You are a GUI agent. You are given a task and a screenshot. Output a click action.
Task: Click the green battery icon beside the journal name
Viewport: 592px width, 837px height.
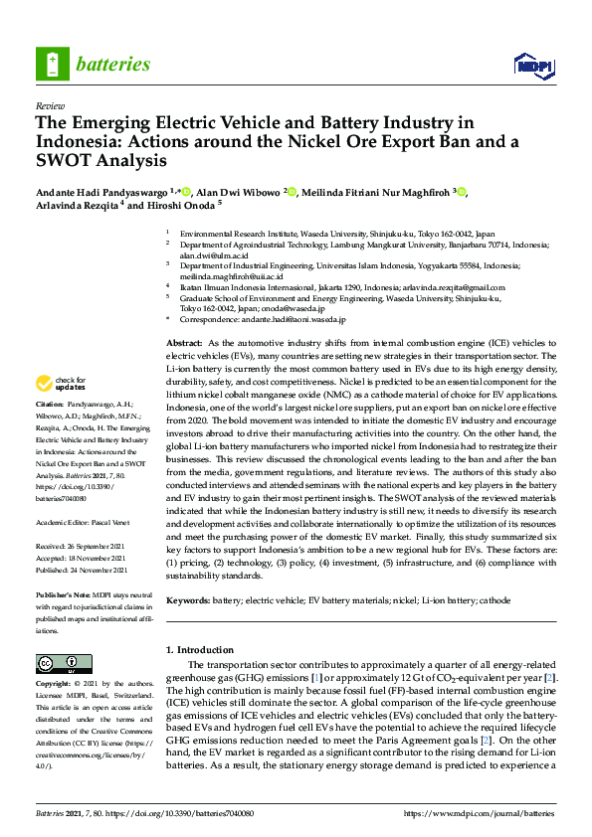52,64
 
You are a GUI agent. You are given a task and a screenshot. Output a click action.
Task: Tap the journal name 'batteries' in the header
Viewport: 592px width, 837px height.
112,65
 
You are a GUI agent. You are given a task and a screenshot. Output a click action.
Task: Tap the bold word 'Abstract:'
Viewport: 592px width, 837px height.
185,342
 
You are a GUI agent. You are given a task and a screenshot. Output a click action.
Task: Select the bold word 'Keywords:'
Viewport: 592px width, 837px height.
188,600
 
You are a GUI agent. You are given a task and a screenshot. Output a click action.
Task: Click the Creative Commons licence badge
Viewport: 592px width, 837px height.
57,663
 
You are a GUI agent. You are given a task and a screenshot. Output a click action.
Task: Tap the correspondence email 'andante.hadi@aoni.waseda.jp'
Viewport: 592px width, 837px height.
296,320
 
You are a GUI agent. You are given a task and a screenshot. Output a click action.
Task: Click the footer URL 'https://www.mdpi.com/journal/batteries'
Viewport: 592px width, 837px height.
481,812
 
